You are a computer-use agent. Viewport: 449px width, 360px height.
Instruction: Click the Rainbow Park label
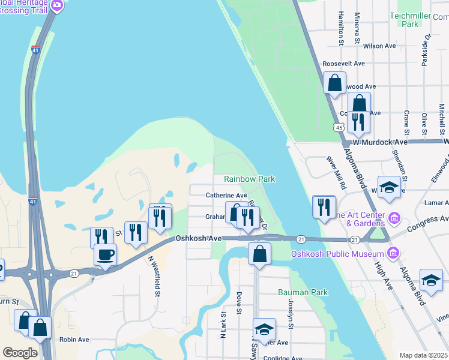(249, 179)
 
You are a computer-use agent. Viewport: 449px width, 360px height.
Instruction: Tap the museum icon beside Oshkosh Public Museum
(393, 252)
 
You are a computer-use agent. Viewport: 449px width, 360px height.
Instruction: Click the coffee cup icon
(106, 254)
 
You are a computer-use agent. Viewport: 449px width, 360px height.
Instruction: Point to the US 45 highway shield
(339, 127)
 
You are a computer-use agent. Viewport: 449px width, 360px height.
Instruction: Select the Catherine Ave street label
(226, 196)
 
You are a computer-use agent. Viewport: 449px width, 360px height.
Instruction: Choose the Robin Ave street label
(74, 340)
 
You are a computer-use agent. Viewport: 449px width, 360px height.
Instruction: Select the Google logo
(20, 352)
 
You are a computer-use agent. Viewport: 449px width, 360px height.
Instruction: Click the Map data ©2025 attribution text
(423, 355)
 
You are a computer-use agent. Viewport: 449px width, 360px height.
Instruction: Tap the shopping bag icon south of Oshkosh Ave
(259, 254)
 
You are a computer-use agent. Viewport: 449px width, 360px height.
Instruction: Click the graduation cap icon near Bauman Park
(264, 329)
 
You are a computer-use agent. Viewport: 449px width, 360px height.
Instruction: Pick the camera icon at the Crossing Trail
(57, 6)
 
